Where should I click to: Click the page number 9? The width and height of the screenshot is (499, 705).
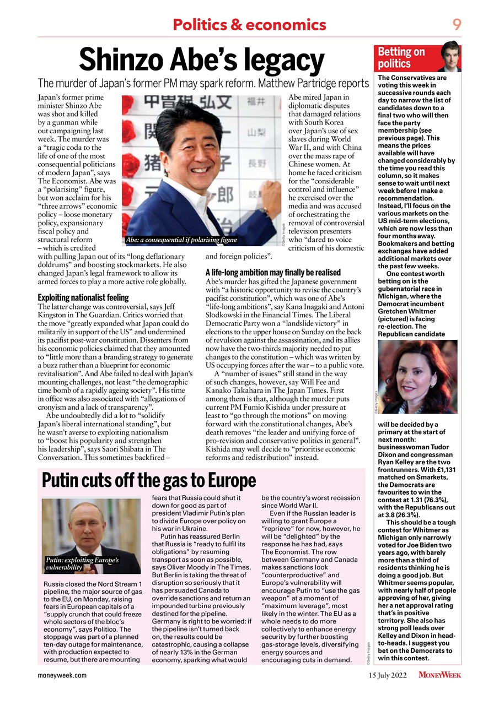pyautogui.click(x=457, y=24)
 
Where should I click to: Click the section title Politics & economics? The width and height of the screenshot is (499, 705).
pyautogui.click(x=249, y=25)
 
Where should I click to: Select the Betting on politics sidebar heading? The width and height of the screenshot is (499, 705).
pyautogui.click(x=401, y=58)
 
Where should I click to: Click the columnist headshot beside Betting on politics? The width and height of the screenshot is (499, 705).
pyautogui.click(x=450, y=57)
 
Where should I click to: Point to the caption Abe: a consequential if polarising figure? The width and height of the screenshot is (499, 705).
pyautogui.click(x=181, y=240)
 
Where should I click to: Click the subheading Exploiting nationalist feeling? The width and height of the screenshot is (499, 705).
pyautogui.click(x=83, y=297)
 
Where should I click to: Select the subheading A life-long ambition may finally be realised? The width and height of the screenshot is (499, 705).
pyautogui.click(x=273, y=272)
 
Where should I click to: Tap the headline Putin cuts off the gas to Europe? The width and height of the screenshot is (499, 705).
pyautogui.click(x=149, y=480)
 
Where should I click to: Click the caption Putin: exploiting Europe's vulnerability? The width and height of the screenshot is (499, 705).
pyautogui.click(x=81, y=563)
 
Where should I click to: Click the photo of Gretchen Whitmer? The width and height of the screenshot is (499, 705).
pyautogui.click(x=417, y=376)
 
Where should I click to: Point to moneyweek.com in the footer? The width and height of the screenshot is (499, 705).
pyautogui.click(x=62, y=675)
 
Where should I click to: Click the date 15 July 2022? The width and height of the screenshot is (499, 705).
pyautogui.click(x=388, y=675)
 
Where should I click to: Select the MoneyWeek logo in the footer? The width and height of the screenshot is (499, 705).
pyautogui.click(x=439, y=675)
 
